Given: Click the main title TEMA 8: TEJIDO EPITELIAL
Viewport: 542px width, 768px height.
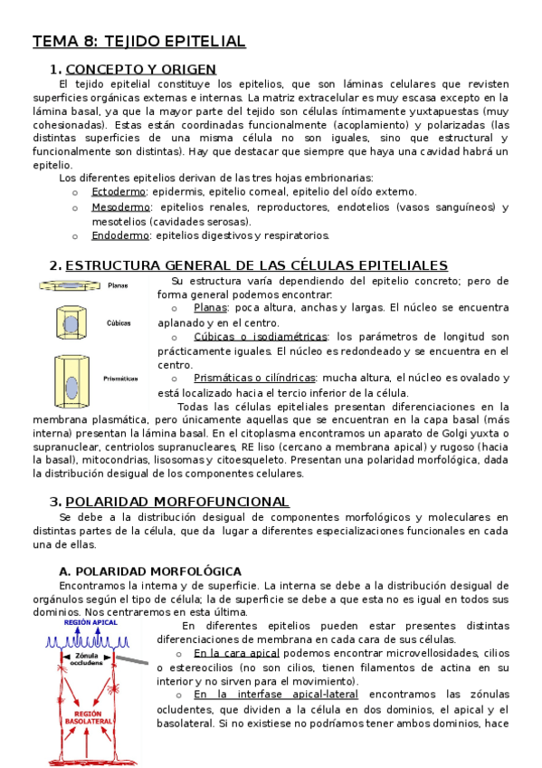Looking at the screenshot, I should point(139,42).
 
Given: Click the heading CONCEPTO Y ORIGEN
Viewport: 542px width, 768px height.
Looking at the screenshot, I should point(141,69).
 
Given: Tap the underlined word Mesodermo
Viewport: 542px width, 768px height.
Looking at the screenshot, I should point(121,206).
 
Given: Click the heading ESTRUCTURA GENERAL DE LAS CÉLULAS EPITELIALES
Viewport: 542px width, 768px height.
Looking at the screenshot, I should point(257,265).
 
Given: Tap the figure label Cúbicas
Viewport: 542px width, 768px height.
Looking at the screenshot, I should point(119,322).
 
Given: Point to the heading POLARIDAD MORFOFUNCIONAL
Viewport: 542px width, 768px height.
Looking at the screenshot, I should point(177,502).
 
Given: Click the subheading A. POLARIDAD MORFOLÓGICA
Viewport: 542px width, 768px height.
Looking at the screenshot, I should point(149,571).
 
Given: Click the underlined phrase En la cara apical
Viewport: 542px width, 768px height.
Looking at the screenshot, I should point(236,653).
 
